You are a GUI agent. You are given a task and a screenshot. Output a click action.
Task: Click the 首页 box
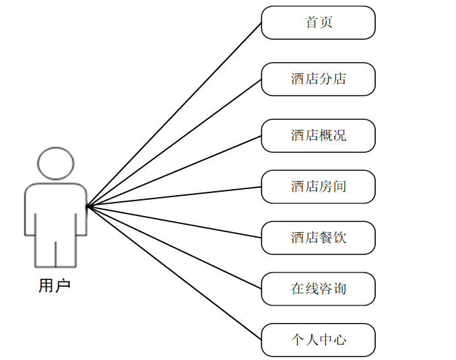click(318, 23)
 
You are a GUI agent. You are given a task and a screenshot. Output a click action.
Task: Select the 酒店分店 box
click(318, 79)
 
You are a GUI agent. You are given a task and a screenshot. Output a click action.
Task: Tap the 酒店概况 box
click(318, 135)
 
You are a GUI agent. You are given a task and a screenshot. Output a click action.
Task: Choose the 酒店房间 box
click(318, 186)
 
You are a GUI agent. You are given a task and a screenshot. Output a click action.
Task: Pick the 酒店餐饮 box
click(318, 238)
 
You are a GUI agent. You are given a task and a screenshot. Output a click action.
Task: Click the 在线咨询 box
click(318, 289)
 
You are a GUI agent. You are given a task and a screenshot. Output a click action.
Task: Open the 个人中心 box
click(318, 340)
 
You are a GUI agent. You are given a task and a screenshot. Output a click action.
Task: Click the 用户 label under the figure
click(55, 286)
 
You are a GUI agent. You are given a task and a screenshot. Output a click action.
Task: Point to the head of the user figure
click(55, 163)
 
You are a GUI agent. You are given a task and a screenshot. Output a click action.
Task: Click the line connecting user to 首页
click(174, 114)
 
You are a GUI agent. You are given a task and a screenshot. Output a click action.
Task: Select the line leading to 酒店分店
click(174, 143)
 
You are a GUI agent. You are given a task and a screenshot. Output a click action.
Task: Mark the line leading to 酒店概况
click(174, 171)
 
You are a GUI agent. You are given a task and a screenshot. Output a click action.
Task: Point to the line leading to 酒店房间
click(174, 196)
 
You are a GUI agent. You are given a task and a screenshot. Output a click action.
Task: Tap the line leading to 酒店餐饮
click(174, 221)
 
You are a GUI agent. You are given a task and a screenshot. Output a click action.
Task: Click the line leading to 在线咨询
click(174, 247)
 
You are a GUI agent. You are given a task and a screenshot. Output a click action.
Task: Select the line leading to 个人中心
click(174, 273)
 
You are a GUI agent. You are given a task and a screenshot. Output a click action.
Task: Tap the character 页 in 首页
click(325, 23)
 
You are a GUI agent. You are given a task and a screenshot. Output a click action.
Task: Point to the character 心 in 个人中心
click(339, 340)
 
